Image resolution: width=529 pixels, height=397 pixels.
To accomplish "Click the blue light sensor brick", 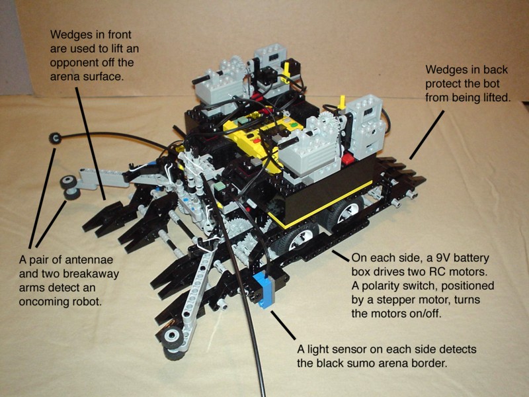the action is click(x=264, y=290).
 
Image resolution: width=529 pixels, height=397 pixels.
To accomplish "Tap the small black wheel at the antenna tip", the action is click(x=55, y=138).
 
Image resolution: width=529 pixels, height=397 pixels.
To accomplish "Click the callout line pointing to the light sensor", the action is click(x=283, y=326).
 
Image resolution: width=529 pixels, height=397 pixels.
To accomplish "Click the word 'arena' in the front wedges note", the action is click(x=64, y=77).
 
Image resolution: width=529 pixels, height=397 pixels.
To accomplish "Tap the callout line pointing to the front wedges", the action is click(x=91, y=143).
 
